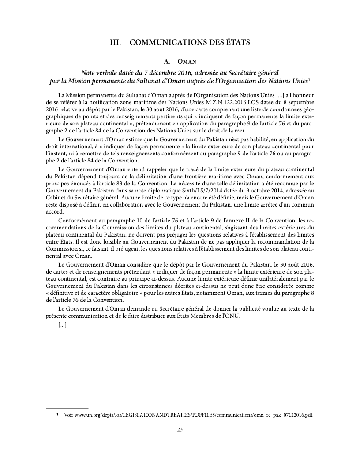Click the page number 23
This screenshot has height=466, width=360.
[x=180, y=429]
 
